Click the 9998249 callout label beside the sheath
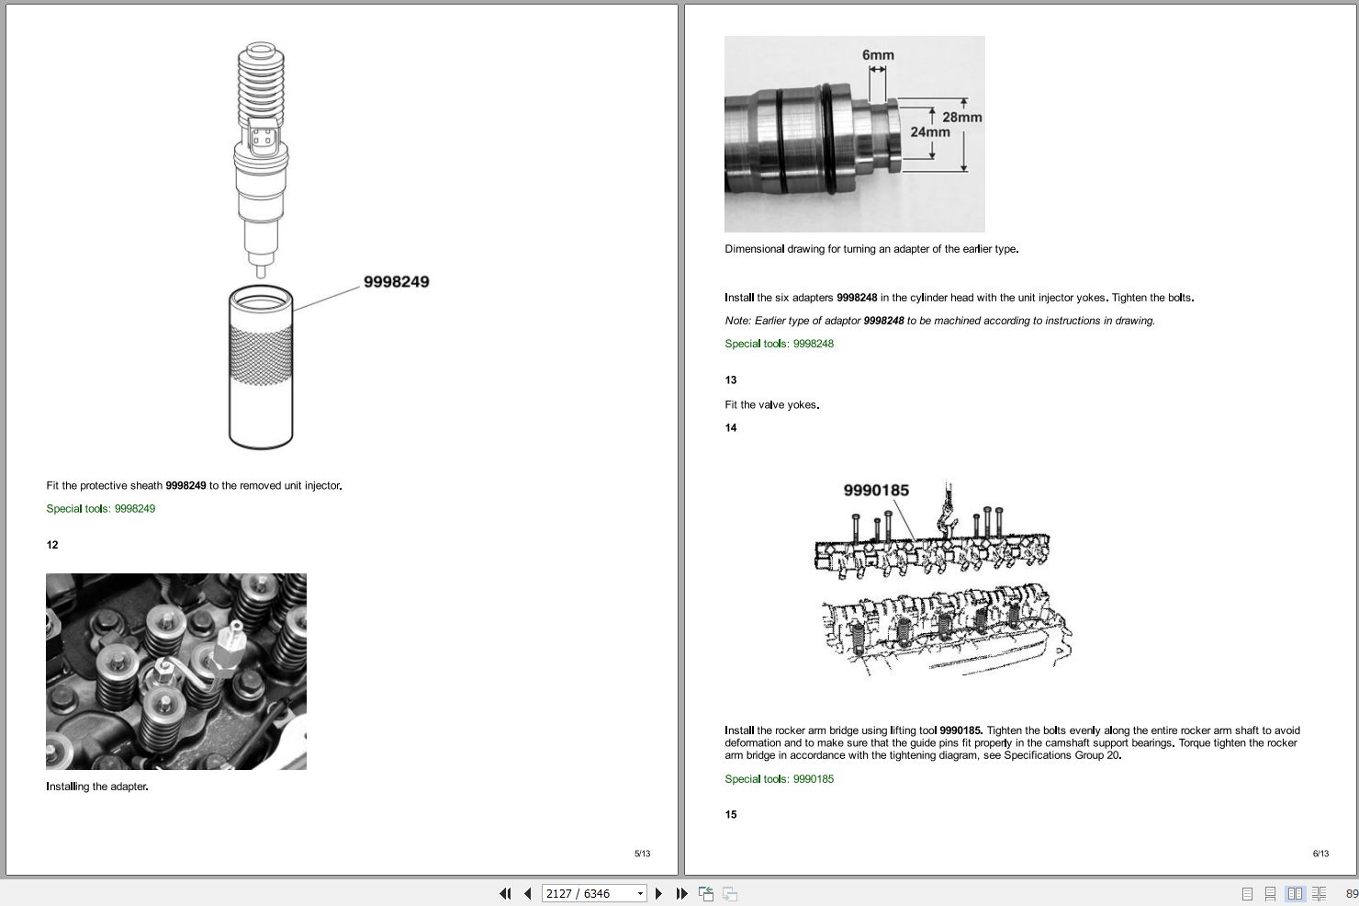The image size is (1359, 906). click(396, 282)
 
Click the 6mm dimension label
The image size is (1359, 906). click(877, 55)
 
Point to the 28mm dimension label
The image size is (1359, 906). click(961, 117)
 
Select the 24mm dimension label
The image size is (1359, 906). click(929, 132)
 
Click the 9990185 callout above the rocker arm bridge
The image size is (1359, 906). click(875, 491)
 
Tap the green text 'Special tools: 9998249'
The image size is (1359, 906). click(101, 509)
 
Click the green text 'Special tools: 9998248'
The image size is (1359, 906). click(779, 344)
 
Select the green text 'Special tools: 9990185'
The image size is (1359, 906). click(779, 779)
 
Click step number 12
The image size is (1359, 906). click(52, 545)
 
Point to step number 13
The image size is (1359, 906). click(731, 379)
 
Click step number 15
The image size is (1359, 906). click(731, 814)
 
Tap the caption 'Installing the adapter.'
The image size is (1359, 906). click(97, 787)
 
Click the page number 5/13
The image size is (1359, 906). click(642, 854)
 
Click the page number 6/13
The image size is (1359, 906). click(1320, 854)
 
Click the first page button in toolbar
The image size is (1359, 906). click(505, 893)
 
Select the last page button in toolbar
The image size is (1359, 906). click(681, 893)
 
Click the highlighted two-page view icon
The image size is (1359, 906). click(1295, 893)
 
